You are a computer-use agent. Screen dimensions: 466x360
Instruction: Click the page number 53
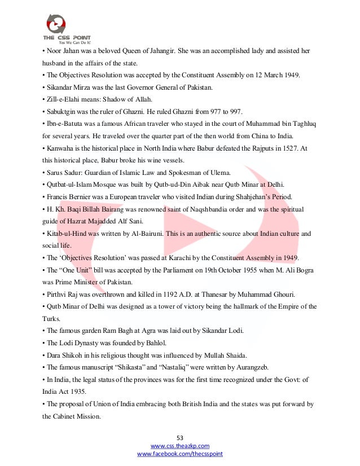click(180, 437)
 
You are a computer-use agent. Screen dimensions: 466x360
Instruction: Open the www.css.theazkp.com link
click(180, 446)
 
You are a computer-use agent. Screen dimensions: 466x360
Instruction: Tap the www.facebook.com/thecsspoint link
click(180, 454)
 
